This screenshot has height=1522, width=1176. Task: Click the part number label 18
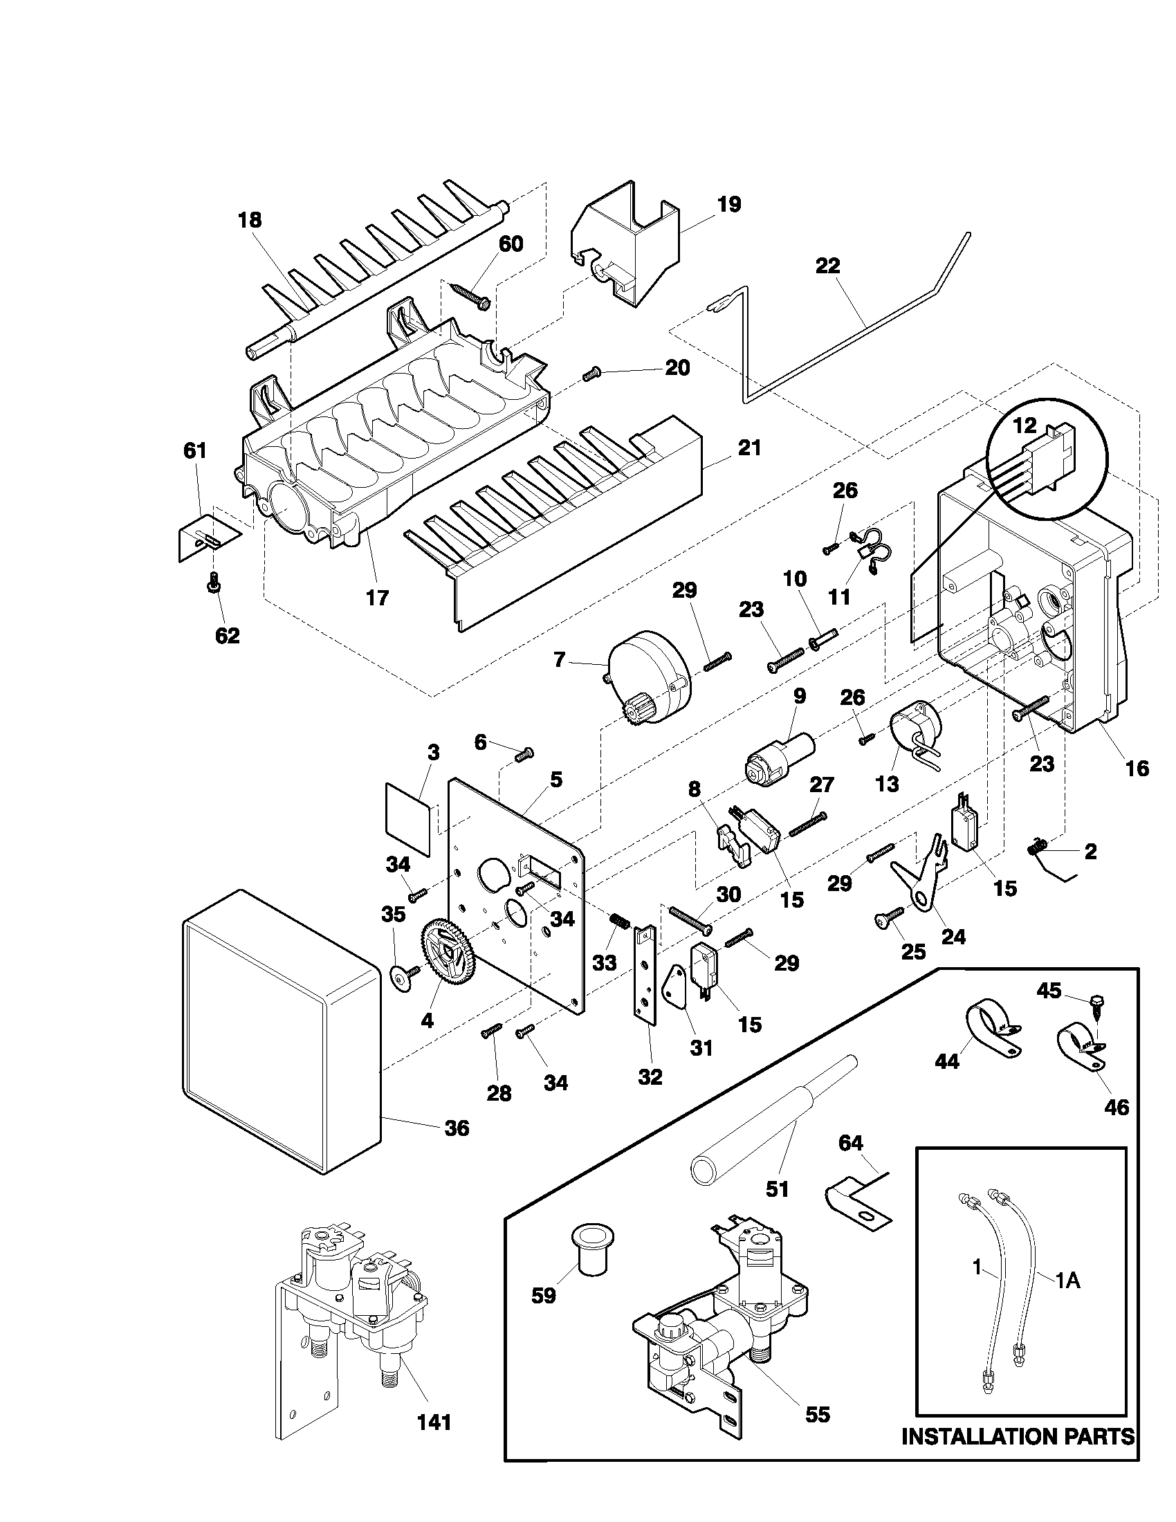coord(250,220)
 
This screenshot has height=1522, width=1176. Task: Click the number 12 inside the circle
coord(1025,425)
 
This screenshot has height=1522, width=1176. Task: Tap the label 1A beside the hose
coord(1067,1281)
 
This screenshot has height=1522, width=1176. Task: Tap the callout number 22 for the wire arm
coord(827,267)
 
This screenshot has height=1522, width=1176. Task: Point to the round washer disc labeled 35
coord(399,978)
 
